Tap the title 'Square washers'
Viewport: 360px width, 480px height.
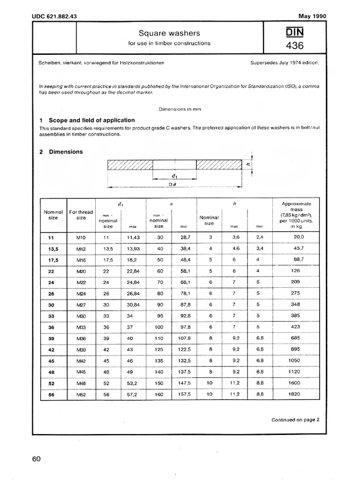pyautogui.click(x=169, y=33)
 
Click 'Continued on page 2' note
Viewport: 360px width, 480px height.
pyautogui.click(x=295, y=420)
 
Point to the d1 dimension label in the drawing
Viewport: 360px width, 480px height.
pyautogui.click(x=174, y=176)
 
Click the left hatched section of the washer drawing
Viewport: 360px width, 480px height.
pyautogui.click(x=130, y=165)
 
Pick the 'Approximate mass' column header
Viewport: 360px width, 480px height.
pyautogui.click(x=296, y=214)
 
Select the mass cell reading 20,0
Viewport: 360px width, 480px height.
pyautogui.click(x=296, y=238)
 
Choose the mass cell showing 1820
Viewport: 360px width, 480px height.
pyautogui.click(x=296, y=395)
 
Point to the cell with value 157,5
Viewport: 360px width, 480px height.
pyautogui.click(x=183, y=395)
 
